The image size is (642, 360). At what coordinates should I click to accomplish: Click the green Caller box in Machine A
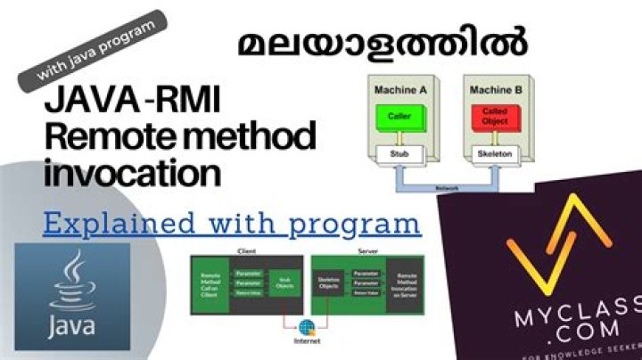[399, 116]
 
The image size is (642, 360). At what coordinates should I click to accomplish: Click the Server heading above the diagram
[366, 252]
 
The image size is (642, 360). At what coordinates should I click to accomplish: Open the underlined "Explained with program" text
[232, 223]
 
